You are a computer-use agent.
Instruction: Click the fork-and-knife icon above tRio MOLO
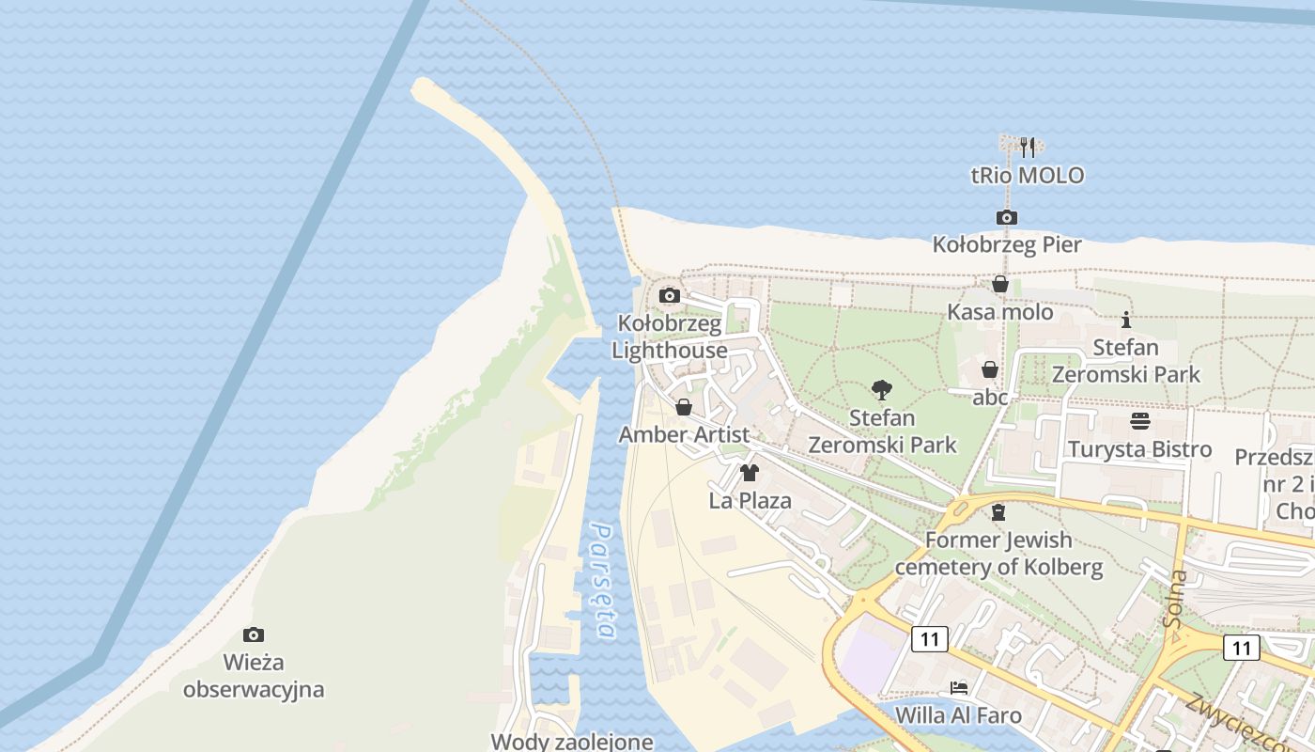pos(1028,147)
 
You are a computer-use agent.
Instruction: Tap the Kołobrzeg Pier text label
pos(1007,245)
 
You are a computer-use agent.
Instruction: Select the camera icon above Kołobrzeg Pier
pos(1006,218)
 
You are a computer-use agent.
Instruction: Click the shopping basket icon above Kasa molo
pos(1000,284)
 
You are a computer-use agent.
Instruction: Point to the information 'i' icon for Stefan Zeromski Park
pos(1126,320)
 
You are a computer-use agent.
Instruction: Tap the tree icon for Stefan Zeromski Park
pos(881,389)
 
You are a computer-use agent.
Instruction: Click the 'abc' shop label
pos(990,398)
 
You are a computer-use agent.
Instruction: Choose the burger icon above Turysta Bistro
pos(1140,420)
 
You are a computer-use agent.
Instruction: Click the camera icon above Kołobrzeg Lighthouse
pos(670,296)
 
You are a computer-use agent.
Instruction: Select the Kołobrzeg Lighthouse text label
pos(670,337)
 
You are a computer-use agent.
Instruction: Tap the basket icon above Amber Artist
pos(684,407)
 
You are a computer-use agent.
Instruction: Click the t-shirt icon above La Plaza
pos(750,473)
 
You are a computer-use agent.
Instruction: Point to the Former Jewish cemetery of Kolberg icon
pos(998,512)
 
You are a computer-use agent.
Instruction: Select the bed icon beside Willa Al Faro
pos(959,688)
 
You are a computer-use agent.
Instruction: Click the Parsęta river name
pos(601,583)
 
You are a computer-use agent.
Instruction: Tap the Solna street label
pos(1175,599)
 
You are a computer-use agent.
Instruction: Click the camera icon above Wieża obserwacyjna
pos(253,634)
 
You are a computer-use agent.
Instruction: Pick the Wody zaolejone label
pos(572,741)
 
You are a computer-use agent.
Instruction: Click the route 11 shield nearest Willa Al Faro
pos(930,639)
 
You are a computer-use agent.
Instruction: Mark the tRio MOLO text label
pos(1028,176)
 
